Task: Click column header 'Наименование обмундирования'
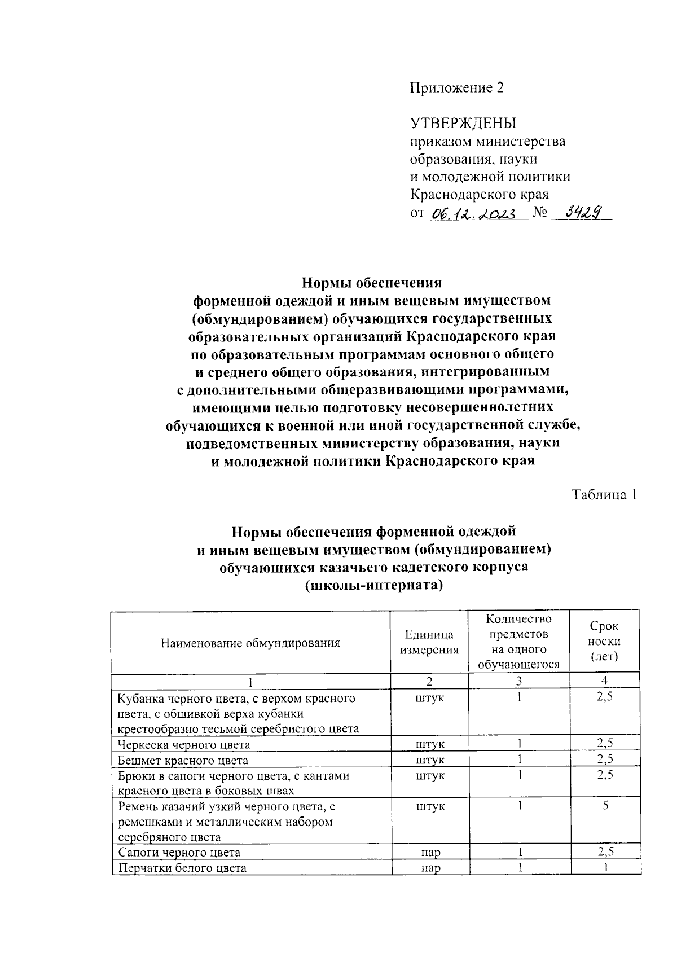(250, 642)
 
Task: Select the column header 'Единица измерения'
(429, 642)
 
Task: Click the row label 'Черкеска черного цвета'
(184, 744)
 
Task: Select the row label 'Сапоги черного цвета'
(179, 852)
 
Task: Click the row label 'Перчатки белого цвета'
(182, 868)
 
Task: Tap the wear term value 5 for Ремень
(605, 806)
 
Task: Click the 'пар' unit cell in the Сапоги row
(430, 852)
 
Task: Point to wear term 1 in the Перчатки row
(605, 868)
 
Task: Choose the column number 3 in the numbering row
(518, 681)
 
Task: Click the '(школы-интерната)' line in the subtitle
(373, 585)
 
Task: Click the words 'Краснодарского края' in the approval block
(479, 195)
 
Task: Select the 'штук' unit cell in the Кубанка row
(430, 698)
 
